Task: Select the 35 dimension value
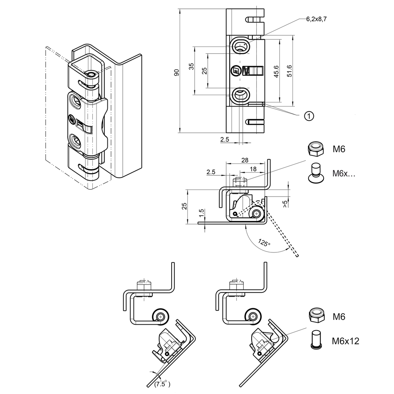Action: (x=191, y=66)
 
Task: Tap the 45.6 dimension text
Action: (x=276, y=72)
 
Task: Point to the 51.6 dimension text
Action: (x=289, y=71)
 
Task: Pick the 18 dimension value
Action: (x=253, y=169)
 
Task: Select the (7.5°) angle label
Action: (x=162, y=384)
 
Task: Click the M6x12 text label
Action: (x=345, y=341)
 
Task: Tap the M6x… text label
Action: (x=344, y=174)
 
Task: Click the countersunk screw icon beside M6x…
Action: (x=316, y=173)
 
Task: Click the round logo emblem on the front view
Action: (x=235, y=71)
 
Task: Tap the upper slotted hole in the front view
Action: (x=240, y=46)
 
